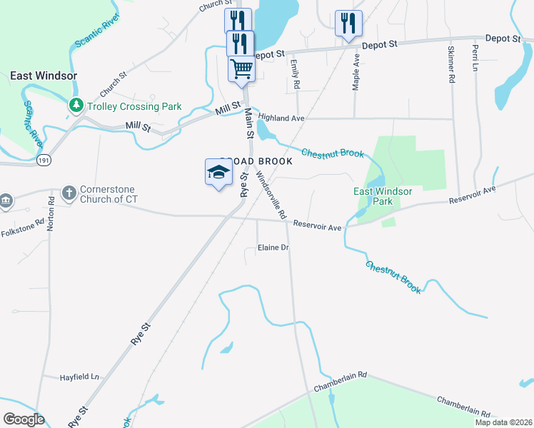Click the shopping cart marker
point(241,70)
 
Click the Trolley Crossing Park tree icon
point(76,106)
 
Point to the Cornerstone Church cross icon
point(69,193)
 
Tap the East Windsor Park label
point(383,196)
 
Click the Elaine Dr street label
point(273,248)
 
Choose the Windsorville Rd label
point(271,194)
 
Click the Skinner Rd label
point(451,66)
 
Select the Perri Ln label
point(475,59)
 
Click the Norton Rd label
point(51,213)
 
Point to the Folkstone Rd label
point(22,231)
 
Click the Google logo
point(24,419)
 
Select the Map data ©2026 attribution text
point(502,422)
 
